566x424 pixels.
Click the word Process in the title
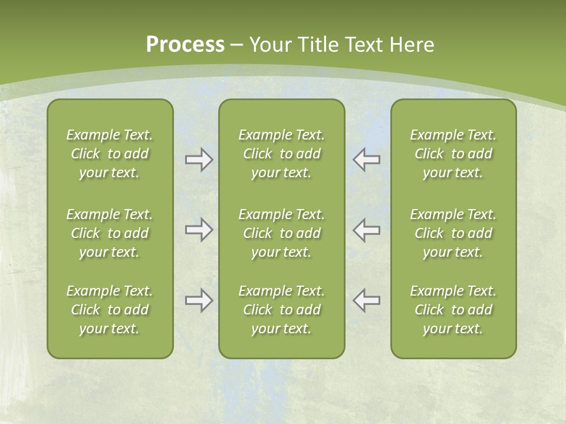pos(185,45)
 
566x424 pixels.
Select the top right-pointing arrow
pos(199,160)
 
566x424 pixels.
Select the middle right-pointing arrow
pos(199,230)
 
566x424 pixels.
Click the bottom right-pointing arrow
pos(199,300)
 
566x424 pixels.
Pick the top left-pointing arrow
pos(367,160)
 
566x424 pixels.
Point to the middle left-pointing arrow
pos(367,230)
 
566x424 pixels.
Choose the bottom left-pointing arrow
pos(367,300)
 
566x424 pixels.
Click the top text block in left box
pos(110,154)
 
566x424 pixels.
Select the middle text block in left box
pos(110,233)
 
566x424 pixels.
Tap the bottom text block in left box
pos(110,310)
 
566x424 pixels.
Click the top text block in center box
pos(282,154)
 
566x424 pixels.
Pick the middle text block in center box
pos(282,233)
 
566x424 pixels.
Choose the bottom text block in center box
pos(282,310)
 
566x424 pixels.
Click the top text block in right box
pos(453,154)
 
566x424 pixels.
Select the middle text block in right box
pos(453,233)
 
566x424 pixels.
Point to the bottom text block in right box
pos(453,310)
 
